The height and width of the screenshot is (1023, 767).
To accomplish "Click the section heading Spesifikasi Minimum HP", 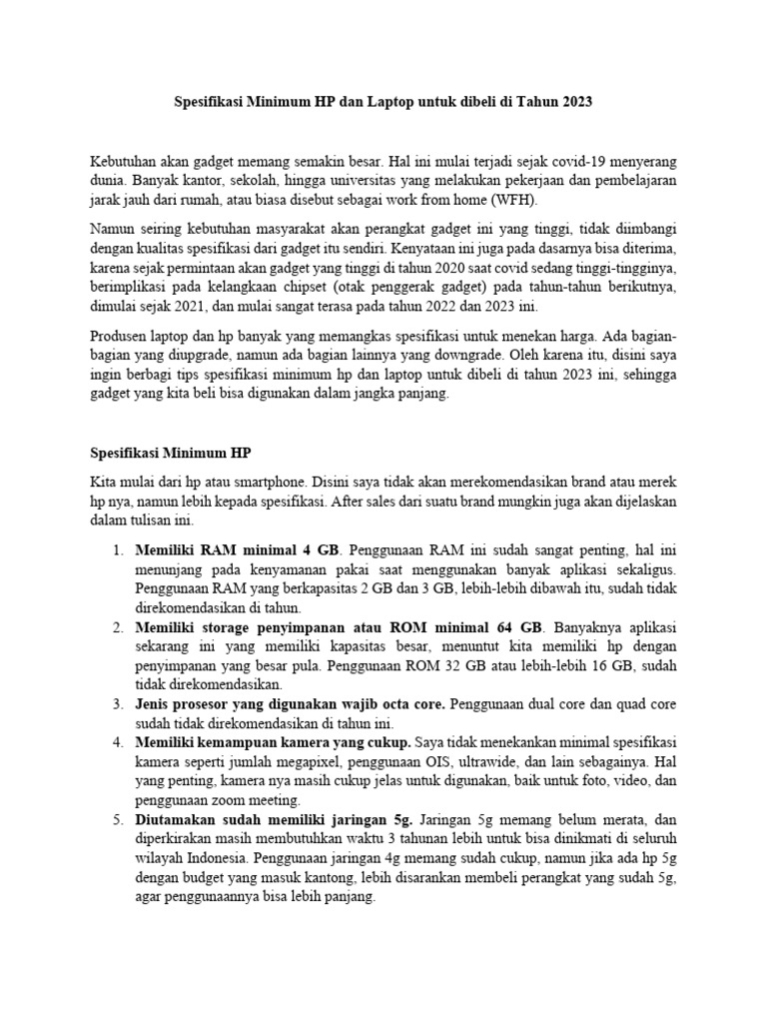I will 170,453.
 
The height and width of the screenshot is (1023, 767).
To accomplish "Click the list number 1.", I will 117,550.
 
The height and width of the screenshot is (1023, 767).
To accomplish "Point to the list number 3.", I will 117,704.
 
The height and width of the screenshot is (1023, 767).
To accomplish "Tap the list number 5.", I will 117,819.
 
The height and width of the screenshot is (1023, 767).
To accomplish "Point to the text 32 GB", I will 459,665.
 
